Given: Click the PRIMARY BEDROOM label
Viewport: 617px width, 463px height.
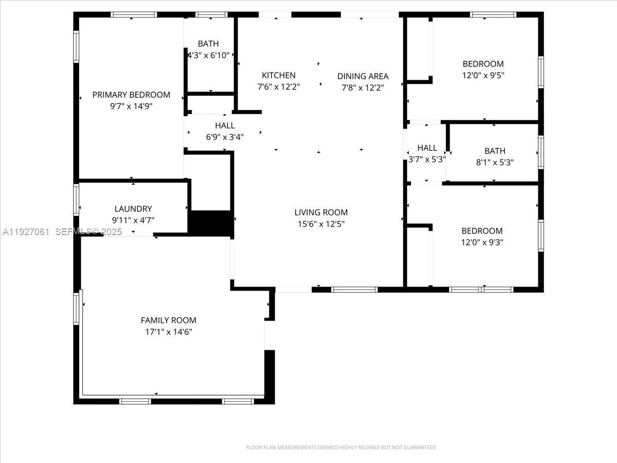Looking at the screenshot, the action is point(131,95).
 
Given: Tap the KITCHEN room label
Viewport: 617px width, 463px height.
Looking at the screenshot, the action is point(279,75).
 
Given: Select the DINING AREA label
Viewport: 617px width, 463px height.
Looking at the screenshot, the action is point(363,76).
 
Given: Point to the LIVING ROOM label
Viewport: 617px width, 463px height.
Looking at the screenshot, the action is point(321,212).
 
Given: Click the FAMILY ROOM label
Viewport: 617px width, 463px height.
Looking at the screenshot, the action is point(168,320).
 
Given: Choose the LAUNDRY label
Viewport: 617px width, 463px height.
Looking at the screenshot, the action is point(133,208).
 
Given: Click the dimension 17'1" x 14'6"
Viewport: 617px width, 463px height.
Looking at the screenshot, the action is point(169,332).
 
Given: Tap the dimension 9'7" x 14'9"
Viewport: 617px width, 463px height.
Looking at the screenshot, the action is point(131,106).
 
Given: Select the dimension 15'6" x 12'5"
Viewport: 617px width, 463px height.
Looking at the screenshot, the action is point(321,224).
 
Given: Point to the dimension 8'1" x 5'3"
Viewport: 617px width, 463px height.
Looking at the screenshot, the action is point(495,162).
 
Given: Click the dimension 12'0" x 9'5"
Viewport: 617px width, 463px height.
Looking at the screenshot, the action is point(483,75).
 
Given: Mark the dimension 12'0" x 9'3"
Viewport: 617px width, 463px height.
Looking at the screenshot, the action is point(482,242).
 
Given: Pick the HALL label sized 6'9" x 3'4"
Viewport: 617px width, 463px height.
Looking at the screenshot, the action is point(225,126).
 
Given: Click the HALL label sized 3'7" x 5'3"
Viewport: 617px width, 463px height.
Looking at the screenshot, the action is point(427,148).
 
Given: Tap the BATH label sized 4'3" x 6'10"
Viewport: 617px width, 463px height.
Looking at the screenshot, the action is point(208,44).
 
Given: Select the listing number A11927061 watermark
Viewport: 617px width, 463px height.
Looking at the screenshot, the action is point(26,232).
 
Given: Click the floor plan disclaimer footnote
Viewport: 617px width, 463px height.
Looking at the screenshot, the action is point(341,447).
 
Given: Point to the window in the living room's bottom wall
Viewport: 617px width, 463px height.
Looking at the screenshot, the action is point(354,290).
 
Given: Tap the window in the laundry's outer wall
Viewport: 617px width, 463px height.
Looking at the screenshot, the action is point(76,200).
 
